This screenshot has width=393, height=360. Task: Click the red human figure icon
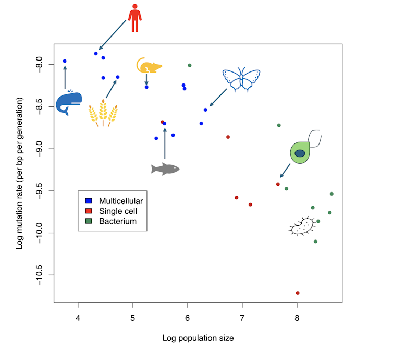[x=135, y=18]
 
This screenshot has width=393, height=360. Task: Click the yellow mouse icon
[x=149, y=66]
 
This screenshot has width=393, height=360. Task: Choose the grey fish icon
[x=165, y=169]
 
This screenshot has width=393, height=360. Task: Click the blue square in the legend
[x=89, y=201]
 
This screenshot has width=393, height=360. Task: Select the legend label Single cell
[x=117, y=211]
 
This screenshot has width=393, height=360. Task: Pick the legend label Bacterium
[x=117, y=221]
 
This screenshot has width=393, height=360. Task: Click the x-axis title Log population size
[x=198, y=338]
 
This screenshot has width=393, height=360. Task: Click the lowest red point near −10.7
[x=298, y=293]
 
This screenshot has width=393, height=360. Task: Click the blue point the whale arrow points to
[x=65, y=61]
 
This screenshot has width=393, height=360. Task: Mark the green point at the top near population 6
[x=190, y=65]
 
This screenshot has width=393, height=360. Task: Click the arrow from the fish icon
[x=165, y=143]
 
